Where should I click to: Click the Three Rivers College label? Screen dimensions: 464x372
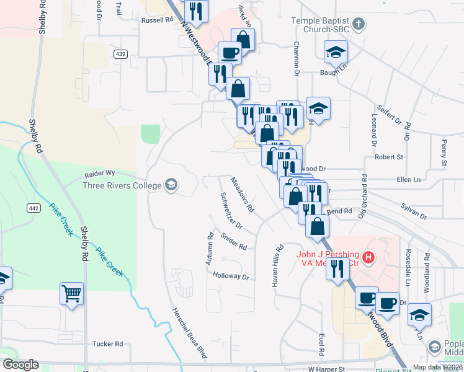122,185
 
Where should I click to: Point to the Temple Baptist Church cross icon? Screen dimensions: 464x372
358,25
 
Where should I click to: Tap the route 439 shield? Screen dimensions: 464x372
120,55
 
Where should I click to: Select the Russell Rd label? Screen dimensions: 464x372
156,20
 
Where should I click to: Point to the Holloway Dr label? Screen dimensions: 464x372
230,277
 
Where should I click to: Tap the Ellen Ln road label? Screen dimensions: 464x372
408,180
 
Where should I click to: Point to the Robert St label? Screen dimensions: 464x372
388,157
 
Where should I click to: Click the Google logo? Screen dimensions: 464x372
20,365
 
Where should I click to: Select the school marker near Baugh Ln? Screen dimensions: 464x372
336,52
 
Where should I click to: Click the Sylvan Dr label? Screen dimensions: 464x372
414,211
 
